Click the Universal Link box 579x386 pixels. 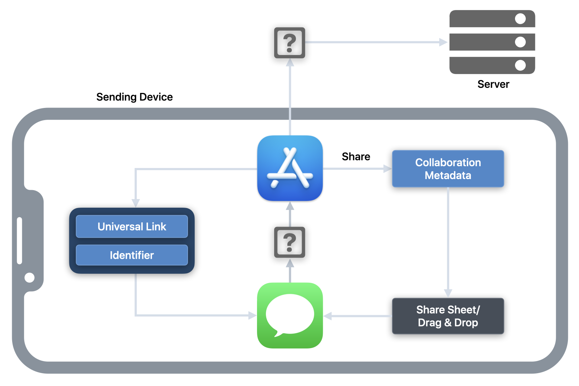click(x=132, y=227)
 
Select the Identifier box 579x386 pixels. click(x=132, y=255)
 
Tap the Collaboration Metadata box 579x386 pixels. click(x=448, y=169)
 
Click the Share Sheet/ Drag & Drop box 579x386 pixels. click(x=448, y=316)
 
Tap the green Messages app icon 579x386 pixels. click(x=290, y=315)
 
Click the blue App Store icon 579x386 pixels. click(x=290, y=168)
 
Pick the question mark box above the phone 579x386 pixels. click(x=289, y=43)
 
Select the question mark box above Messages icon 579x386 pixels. click(x=289, y=242)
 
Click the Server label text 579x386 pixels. click(x=493, y=84)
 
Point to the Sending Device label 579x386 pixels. click(x=134, y=97)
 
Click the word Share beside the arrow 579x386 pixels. click(x=356, y=157)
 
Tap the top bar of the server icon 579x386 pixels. click(x=492, y=19)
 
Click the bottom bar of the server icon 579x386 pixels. click(x=492, y=65)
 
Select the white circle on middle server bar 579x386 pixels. click(x=520, y=42)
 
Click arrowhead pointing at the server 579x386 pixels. click(x=443, y=42)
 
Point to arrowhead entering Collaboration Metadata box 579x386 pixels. click(x=387, y=169)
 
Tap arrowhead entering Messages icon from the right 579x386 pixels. click(x=328, y=316)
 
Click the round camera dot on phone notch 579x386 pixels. click(x=29, y=277)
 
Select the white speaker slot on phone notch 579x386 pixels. click(x=20, y=241)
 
